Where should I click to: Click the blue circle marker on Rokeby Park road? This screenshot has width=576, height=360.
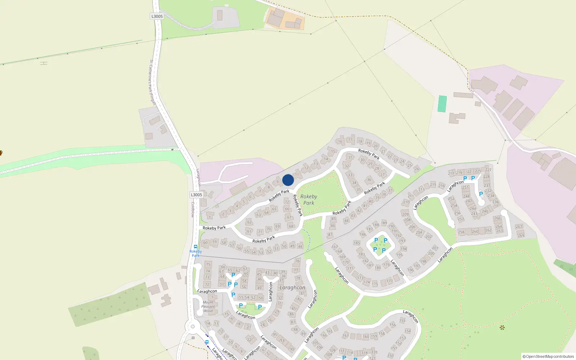(x=288, y=180)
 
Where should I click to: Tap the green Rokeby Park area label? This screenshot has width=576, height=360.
(x=309, y=199)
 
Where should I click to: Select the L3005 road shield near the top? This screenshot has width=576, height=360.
(x=157, y=16)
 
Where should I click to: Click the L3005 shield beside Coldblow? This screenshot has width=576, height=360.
(x=196, y=195)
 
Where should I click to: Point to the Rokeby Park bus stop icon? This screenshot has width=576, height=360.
(x=195, y=247)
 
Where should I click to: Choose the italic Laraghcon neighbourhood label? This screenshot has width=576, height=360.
(x=292, y=288)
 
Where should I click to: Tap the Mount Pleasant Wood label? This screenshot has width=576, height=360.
(x=208, y=307)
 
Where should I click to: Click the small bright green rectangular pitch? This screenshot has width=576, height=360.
(x=442, y=104)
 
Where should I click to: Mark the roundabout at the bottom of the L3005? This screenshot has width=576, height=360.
(x=193, y=327)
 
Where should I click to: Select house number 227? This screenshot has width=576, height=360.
(x=488, y=170)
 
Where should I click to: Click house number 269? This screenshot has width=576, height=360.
(x=521, y=235)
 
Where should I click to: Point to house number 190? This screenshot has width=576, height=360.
(x=391, y=226)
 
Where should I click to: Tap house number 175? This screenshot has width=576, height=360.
(x=375, y=284)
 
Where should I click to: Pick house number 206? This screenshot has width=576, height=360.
(x=412, y=227)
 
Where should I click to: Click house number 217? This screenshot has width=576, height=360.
(x=451, y=173)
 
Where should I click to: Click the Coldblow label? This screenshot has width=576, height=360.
(x=193, y=210)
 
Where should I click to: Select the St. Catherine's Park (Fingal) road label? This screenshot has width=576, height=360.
(x=152, y=82)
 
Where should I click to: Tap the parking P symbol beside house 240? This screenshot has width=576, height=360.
(x=481, y=194)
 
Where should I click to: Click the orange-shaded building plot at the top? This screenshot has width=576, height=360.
(x=284, y=19)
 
